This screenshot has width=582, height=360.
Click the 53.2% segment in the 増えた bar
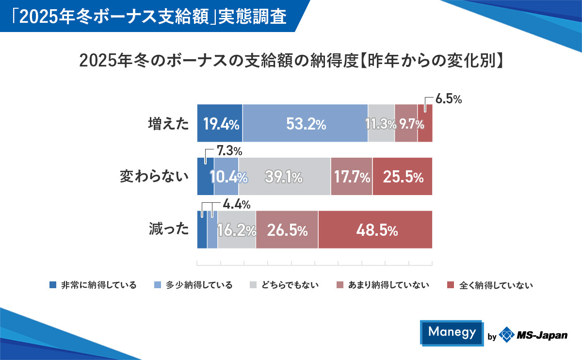coord(305,124)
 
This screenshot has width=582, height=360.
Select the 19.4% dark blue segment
coord(220,124)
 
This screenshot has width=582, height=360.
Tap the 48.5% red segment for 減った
coord(375,229)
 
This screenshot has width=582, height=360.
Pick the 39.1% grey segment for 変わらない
coord(284,177)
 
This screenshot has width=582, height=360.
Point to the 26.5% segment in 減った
coord(287,229)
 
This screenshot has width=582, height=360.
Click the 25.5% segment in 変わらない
coord(403,177)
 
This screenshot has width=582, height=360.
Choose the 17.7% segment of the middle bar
coord(352,177)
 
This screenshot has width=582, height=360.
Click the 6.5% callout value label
coord(448,99)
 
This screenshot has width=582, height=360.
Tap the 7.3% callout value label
coord(229,152)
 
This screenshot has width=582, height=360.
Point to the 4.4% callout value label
coord(236,205)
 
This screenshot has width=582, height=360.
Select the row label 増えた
coord(168,124)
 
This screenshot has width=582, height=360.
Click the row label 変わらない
coord(154,177)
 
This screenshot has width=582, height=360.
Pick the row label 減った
coord(168,229)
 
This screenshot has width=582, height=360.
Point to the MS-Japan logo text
coord(541,335)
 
